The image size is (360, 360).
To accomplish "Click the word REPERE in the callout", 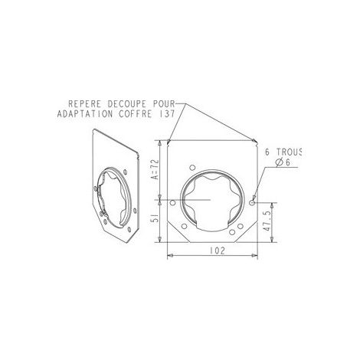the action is (84, 104).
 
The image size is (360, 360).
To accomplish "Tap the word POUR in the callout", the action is (164, 104).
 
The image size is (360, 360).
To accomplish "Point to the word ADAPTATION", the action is (85, 114).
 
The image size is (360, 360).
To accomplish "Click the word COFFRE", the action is (135, 114).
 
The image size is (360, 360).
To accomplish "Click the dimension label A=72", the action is (155, 169).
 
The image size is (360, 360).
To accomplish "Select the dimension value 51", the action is (155, 219).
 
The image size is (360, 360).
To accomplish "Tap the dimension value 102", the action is (218, 250).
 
